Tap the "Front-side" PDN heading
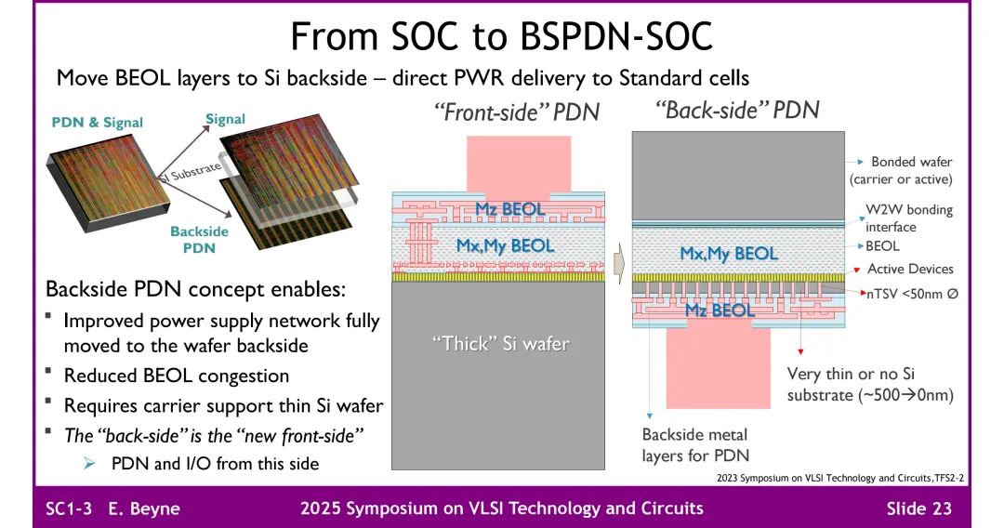[x=516, y=112]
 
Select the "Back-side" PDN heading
[x=737, y=110]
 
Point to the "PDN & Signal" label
[x=98, y=123]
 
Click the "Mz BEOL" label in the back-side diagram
[x=720, y=310]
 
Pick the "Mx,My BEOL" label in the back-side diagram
[x=728, y=253]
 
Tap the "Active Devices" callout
[x=910, y=269]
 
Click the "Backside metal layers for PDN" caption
[x=694, y=444]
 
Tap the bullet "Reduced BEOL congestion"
[x=176, y=376]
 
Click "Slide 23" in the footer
[x=918, y=508]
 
